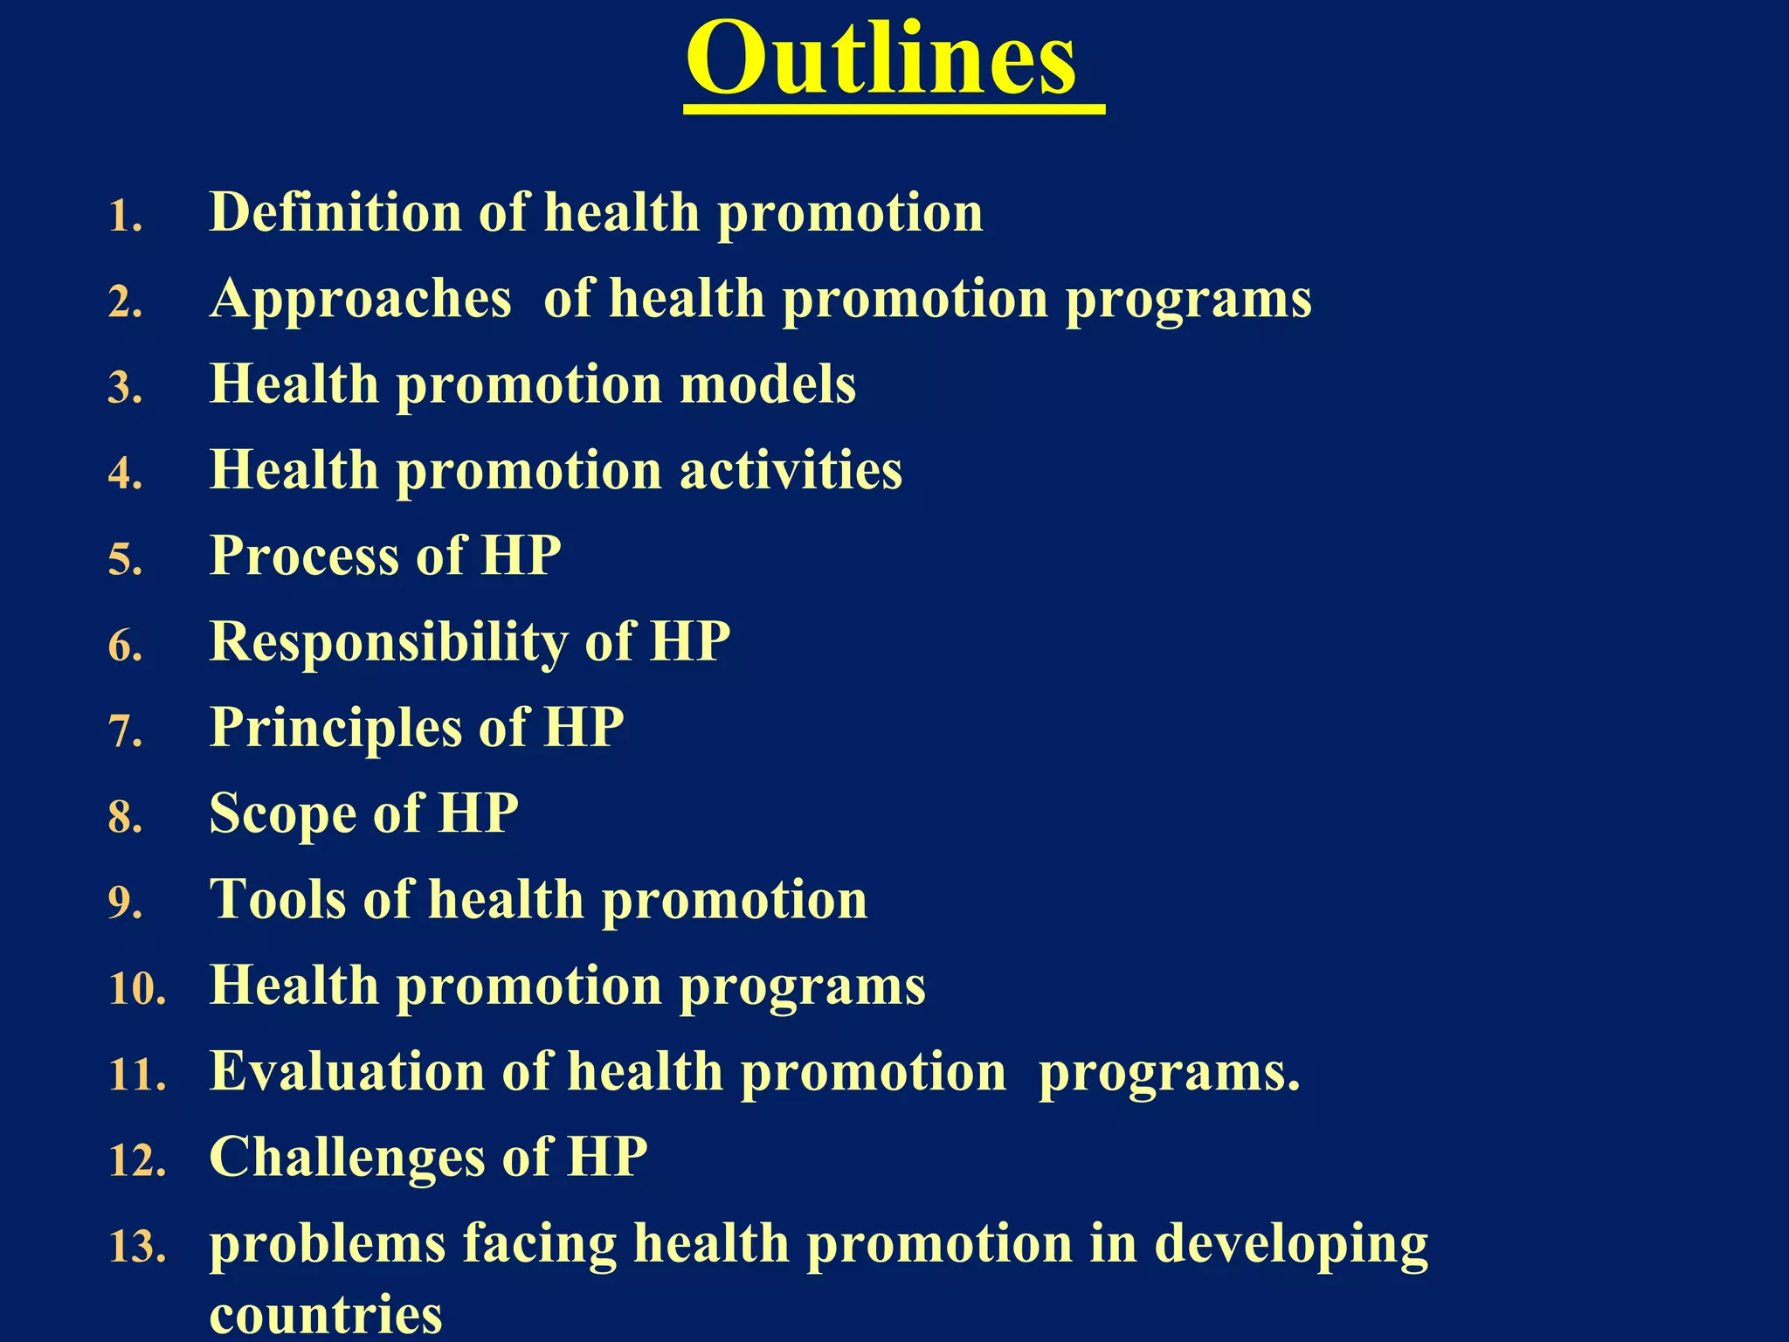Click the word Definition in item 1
[x=335, y=212]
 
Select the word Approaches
[x=360, y=300]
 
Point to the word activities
[x=791, y=470]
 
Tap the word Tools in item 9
[x=277, y=899]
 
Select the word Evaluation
[x=347, y=1071]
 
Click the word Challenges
[x=346, y=1158]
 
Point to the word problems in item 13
[x=328, y=1245]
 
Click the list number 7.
[x=125, y=730]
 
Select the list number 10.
[x=137, y=989]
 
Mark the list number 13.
[x=137, y=1247]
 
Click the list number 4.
[x=125, y=473]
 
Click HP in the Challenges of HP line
[x=607, y=1158]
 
